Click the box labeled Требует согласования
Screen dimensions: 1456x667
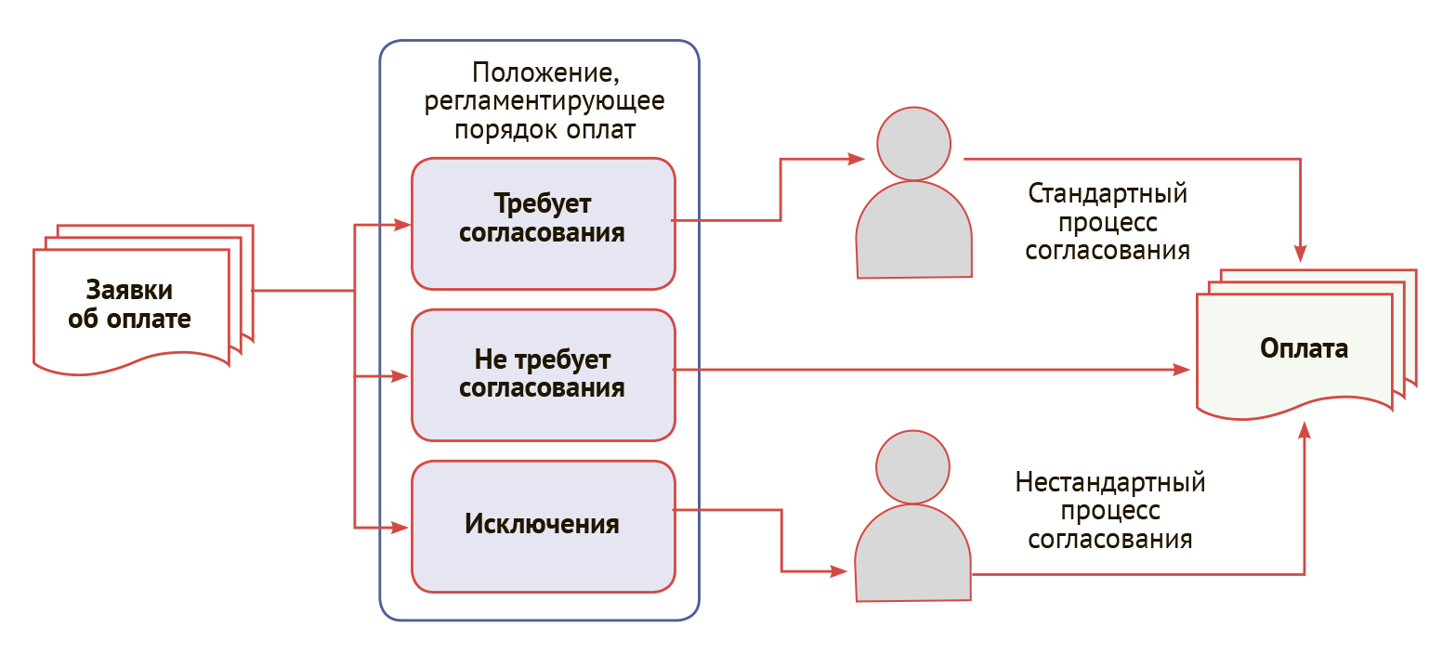544,224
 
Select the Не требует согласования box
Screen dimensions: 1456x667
544,375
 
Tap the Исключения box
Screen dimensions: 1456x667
544,527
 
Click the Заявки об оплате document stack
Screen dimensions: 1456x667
143,299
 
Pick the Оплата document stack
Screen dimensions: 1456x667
1306,345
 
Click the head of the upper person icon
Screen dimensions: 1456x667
913,144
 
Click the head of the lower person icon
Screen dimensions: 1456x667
912,466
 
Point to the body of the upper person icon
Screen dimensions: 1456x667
914,230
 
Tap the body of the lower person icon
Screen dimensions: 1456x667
912,554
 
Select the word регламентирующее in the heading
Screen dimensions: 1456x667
544,101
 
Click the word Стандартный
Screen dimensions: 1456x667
1108,193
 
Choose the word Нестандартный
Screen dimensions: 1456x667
1110,482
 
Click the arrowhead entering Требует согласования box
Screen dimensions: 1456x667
402,225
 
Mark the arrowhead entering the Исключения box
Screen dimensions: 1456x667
400,528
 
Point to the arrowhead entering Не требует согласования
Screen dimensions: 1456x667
400,376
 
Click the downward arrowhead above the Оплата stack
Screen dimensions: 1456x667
1301,254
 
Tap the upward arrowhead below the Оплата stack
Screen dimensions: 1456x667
1305,430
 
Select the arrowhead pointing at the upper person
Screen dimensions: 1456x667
857,159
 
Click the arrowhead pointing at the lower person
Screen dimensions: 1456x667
839,571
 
